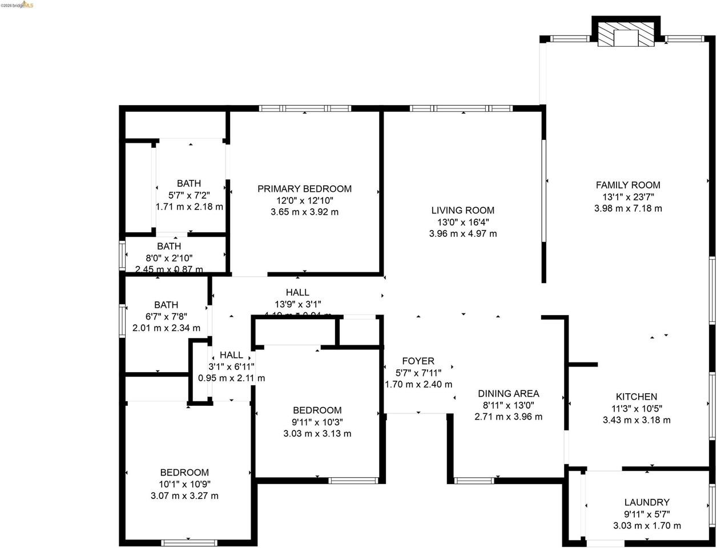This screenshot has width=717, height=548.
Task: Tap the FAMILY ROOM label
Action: pyautogui.click(x=628, y=185)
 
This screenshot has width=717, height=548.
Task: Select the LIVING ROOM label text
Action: pyautogui.click(x=462, y=210)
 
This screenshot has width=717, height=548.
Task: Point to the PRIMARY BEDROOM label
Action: pyautogui.click(x=304, y=189)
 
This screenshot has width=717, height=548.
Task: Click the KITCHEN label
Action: pyautogui.click(x=636, y=397)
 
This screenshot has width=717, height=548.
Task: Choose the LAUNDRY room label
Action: pyautogui.click(x=646, y=502)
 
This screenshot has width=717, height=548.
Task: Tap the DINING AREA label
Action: pyautogui.click(x=508, y=393)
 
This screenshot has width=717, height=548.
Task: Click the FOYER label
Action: pyautogui.click(x=418, y=361)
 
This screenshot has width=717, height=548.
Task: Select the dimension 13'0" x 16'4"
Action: pyautogui.click(x=462, y=222)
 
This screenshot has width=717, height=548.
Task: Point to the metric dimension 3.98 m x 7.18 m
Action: pyautogui.click(x=628, y=208)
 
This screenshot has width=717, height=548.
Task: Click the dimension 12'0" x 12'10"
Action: pyautogui.click(x=304, y=200)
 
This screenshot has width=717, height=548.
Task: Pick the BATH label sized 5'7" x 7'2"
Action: pyautogui.click(x=188, y=183)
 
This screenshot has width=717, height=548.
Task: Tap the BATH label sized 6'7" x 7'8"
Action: pyautogui.click(x=166, y=305)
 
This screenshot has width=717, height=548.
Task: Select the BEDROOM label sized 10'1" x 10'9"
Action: pyautogui.click(x=184, y=473)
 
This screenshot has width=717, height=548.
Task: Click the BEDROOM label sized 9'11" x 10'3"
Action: pyautogui.click(x=317, y=410)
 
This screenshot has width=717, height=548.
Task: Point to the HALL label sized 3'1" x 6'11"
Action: pyautogui.click(x=231, y=355)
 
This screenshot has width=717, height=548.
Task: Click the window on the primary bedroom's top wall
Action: pyautogui.click(x=304, y=108)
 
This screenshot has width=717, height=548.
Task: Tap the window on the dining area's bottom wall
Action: pyautogui.click(x=474, y=480)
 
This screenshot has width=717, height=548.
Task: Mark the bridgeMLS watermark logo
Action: pyautogui.click(x=17, y=5)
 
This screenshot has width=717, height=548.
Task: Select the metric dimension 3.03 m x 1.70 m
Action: pyautogui.click(x=646, y=526)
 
